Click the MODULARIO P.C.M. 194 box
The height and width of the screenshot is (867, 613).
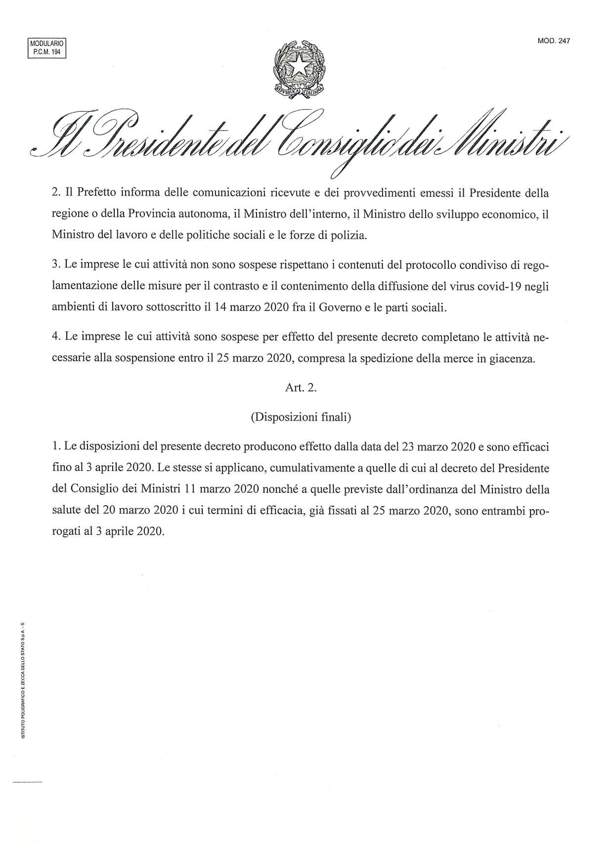(46, 48)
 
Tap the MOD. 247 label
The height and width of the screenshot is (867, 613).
(554, 42)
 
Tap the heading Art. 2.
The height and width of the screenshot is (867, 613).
(301, 388)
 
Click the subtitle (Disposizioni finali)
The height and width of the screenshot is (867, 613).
(301, 417)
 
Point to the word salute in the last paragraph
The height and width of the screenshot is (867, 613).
(68, 511)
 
